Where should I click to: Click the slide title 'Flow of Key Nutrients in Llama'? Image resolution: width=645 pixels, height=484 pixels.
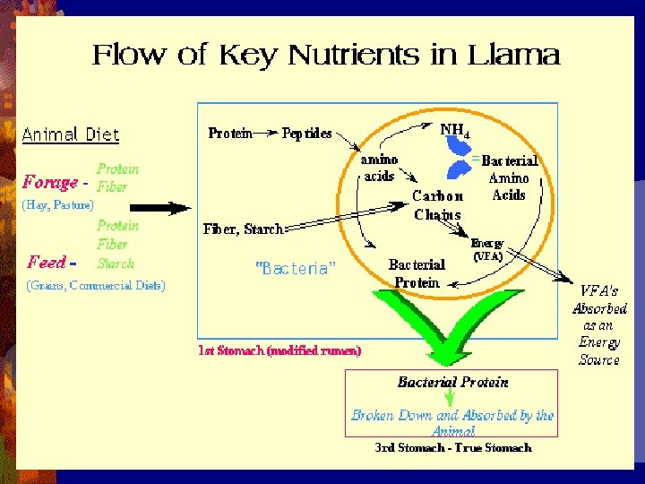(326, 56)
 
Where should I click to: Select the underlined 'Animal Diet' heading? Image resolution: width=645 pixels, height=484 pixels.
(71, 135)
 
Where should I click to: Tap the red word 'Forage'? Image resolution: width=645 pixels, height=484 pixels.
(50, 182)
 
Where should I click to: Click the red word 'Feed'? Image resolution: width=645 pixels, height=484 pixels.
(47, 262)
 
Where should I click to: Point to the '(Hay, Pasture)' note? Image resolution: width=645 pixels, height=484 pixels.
(58, 205)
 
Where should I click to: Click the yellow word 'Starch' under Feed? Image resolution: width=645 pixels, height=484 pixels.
(116, 264)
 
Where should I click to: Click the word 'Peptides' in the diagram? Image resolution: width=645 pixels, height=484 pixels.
(306, 134)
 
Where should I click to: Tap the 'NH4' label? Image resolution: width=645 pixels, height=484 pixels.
(454, 130)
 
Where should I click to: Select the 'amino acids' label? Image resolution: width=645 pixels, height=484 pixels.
(379, 168)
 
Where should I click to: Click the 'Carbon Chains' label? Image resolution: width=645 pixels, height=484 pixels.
(438, 205)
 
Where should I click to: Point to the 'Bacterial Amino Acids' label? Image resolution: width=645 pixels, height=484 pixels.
(509, 177)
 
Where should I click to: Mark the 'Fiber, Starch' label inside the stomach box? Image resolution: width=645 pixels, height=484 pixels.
(243, 229)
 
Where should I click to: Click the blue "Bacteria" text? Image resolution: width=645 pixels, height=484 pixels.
(296, 267)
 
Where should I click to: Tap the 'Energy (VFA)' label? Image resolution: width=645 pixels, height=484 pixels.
(487, 249)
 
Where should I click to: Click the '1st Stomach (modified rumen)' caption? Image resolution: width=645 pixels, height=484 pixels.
(279, 351)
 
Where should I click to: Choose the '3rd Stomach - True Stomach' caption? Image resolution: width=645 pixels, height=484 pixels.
(452, 447)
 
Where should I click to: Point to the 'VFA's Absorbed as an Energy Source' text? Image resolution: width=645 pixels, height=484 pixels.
(599, 325)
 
